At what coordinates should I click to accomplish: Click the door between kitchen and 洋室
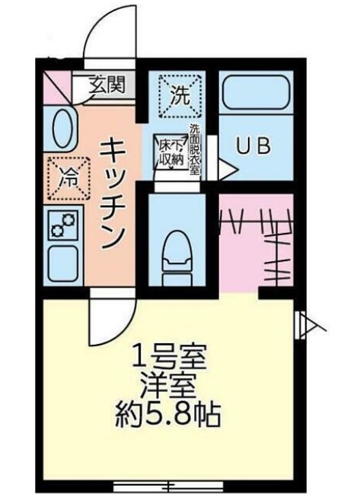click(x=110, y=320)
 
